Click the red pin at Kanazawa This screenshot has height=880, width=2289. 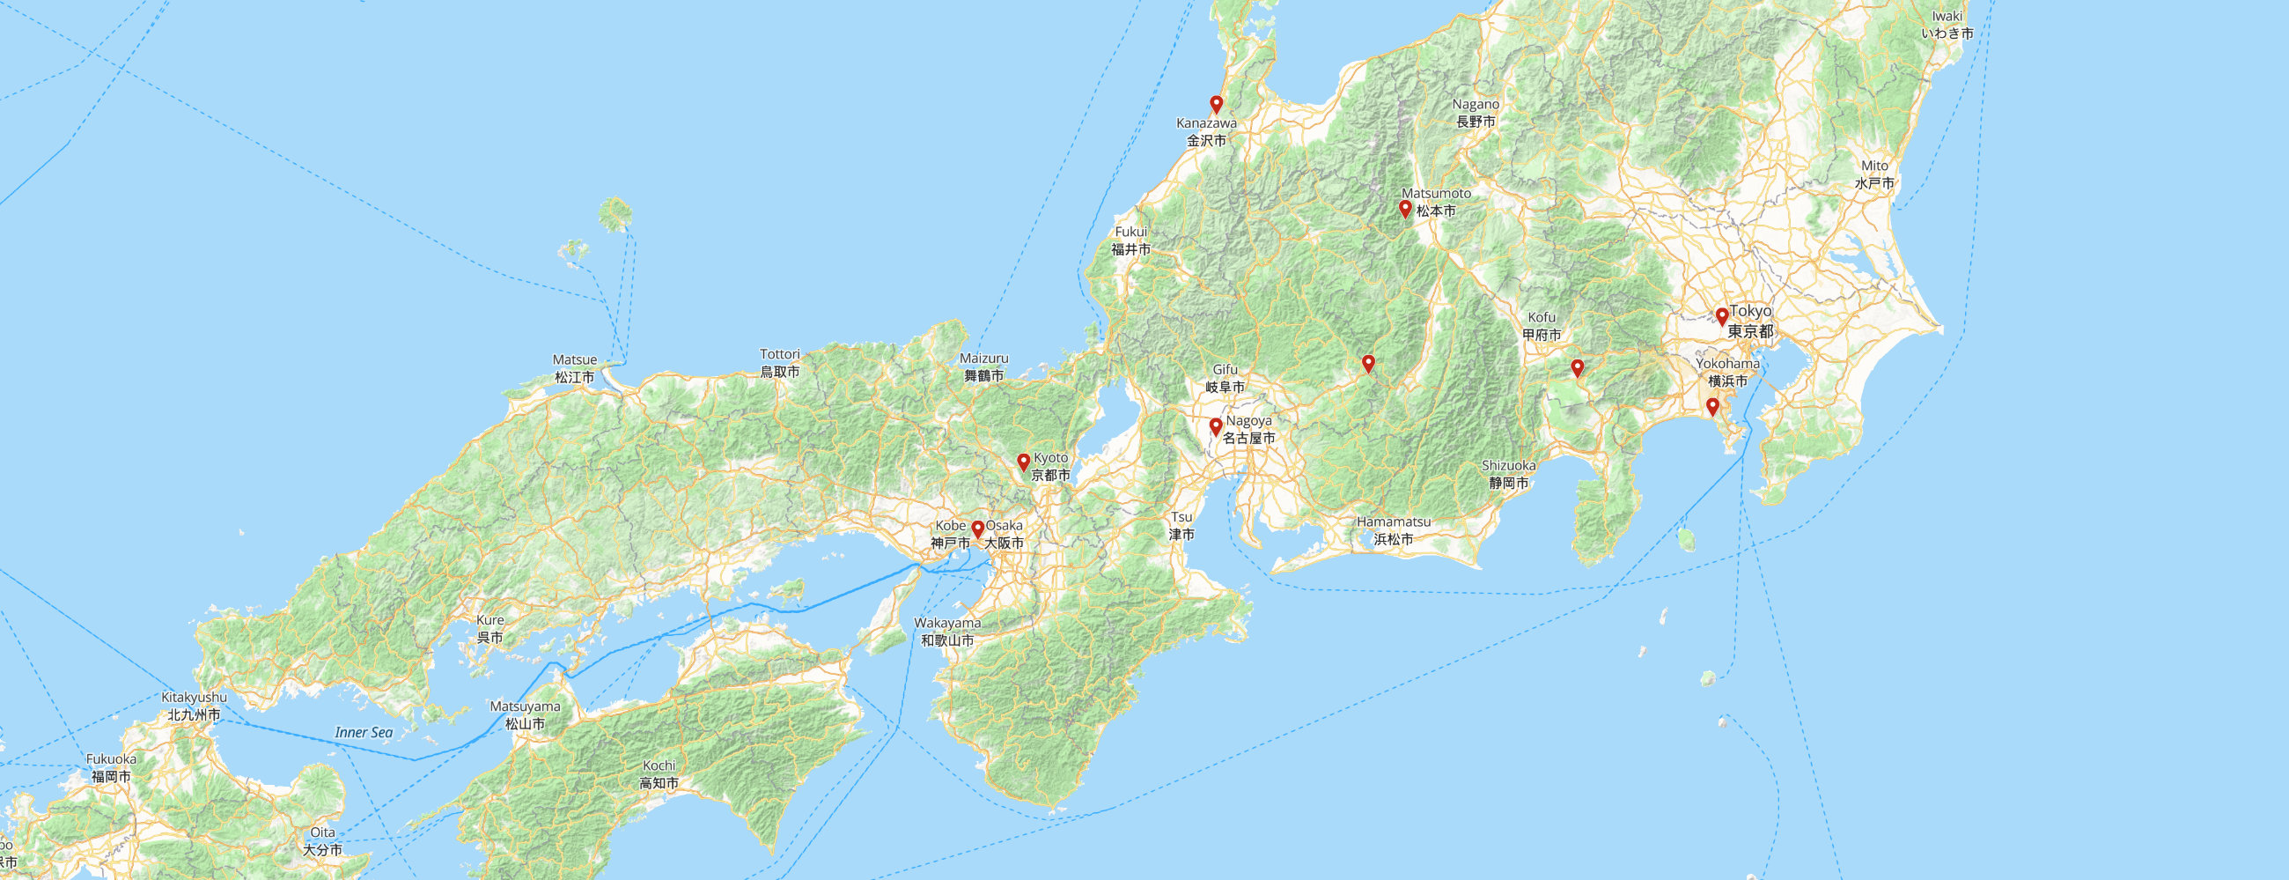(x=1217, y=104)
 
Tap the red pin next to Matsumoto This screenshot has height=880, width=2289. (x=1405, y=209)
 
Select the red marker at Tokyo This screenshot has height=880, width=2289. (x=1722, y=315)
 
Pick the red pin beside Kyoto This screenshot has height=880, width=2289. (x=1024, y=462)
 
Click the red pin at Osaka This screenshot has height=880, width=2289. (x=977, y=529)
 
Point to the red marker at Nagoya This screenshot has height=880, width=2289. (x=1216, y=426)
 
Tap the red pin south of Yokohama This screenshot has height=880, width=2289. (x=1712, y=407)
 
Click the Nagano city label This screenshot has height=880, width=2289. (x=1476, y=113)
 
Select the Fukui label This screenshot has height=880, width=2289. (x=1131, y=240)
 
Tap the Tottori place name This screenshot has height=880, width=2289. (x=779, y=363)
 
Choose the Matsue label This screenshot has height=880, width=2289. (x=575, y=368)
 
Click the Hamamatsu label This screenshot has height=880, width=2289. (x=1394, y=529)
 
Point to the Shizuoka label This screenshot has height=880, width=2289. (x=1509, y=474)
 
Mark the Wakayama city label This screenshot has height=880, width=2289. (x=947, y=631)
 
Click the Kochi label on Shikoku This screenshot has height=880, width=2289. (x=659, y=774)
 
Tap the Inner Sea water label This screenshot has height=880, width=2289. (x=364, y=732)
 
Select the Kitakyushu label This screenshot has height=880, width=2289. (x=194, y=706)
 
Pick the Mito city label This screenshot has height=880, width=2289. (x=1874, y=174)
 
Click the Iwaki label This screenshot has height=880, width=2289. (x=1947, y=25)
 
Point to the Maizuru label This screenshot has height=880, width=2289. (x=984, y=367)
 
